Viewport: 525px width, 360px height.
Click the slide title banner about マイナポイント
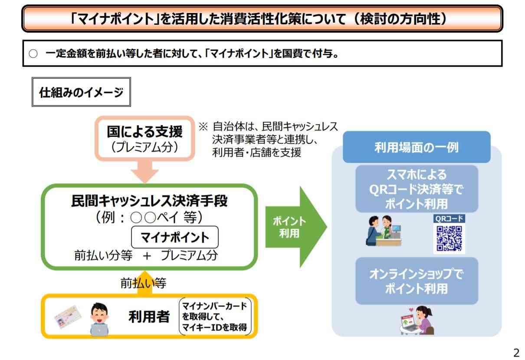click(262, 19)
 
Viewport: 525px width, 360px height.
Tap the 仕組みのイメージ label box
click(81, 92)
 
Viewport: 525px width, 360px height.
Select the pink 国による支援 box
click(145, 139)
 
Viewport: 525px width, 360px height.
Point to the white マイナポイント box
click(175, 237)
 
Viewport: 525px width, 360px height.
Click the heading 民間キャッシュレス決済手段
click(149, 201)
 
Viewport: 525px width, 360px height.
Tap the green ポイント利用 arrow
click(296, 227)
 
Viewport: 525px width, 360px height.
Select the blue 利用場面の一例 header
click(417, 147)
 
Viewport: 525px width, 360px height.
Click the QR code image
click(449, 238)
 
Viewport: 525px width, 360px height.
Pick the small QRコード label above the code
click(449, 218)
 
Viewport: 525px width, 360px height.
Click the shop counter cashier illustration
click(384, 231)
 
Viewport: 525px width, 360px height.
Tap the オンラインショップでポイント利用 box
click(417, 281)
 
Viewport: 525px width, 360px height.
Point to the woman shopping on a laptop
click(417, 320)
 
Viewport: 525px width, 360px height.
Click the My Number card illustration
click(68, 317)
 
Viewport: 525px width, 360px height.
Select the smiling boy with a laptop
click(99, 319)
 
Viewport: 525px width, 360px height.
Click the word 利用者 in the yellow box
click(149, 317)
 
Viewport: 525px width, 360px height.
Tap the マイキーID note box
click(215, 317)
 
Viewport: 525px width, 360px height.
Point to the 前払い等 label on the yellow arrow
click(144, 283)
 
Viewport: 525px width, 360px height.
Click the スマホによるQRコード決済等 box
click(417, 189)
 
